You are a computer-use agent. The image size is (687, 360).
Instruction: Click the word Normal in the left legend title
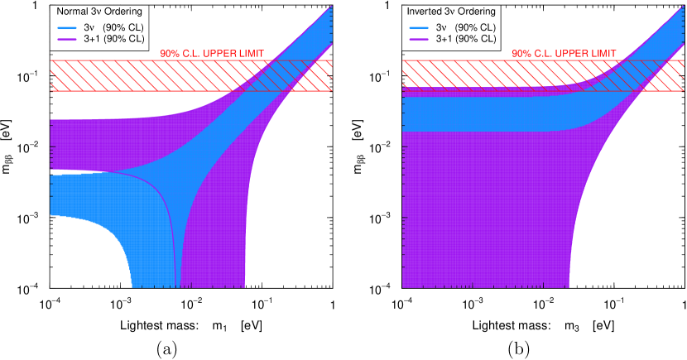(x=71, y=12)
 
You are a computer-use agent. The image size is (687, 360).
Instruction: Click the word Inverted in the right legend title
(x=424, y=12)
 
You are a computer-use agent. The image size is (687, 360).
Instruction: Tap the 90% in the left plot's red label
(x=169, y=54)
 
